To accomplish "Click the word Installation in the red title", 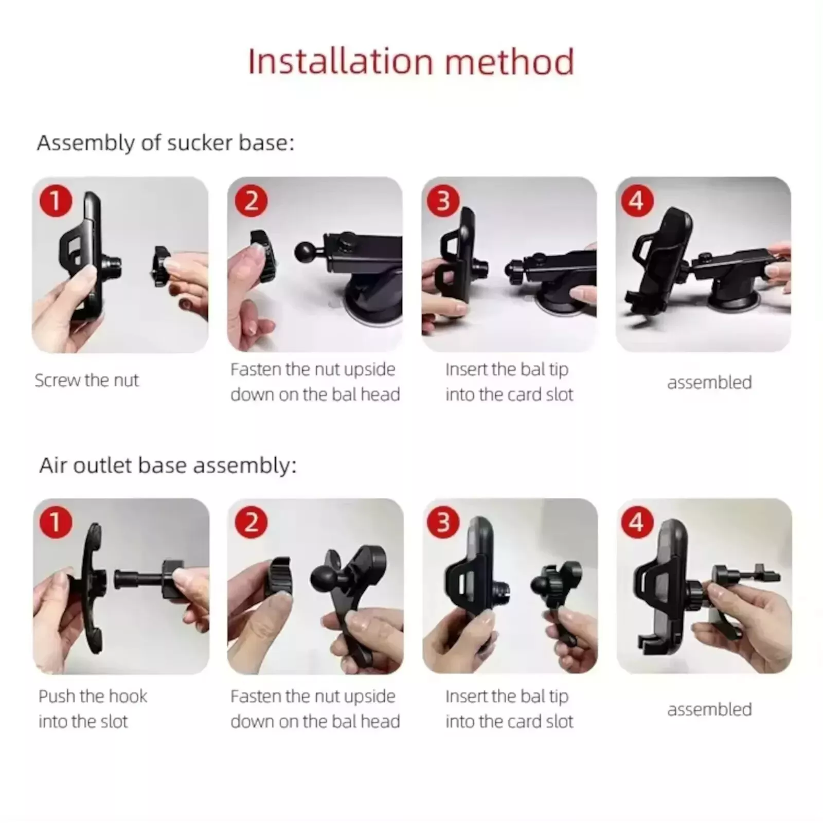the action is coord(341,62).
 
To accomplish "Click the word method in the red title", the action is coord(509,62).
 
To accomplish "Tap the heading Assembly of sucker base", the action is coord(166,143).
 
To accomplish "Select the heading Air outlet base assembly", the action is coord(168,466).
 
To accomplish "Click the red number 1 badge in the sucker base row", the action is coord(55,201).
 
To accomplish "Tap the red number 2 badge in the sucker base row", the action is coord(251,201).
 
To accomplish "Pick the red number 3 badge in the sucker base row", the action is coord(443,201).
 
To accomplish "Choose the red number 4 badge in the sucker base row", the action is coord(637,201).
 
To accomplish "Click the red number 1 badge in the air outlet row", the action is coord(55,523).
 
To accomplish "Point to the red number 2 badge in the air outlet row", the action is coord(251,523).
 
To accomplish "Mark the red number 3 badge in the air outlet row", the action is coord(443,523).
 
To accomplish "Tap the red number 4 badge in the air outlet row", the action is coord(637,523).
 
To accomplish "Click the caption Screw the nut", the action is coord(87,381).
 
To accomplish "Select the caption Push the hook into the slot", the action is coord(93,709).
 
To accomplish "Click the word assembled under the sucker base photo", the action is coord(709,383).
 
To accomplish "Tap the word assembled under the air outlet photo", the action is coord(709,710).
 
